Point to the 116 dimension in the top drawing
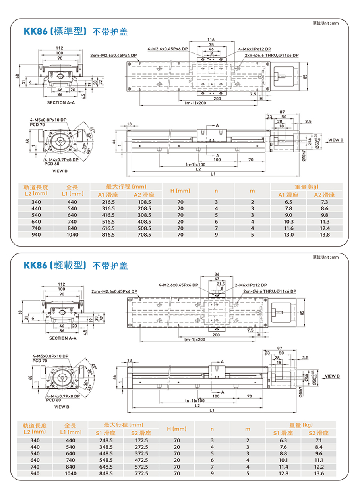point(211,40)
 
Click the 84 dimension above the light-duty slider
point(217,274)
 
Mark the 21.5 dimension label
point(221,284)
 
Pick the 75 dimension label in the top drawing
point(211,45)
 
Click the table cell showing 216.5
point(108,202)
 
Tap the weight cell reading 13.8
point(325,235)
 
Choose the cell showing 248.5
point(106,440)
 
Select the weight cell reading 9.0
point(288,215)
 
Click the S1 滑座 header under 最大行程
point(106,433)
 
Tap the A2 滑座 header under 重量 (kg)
point(325,195)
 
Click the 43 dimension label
point(217,279)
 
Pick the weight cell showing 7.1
point(318,440)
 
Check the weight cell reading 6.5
point(288,202)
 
